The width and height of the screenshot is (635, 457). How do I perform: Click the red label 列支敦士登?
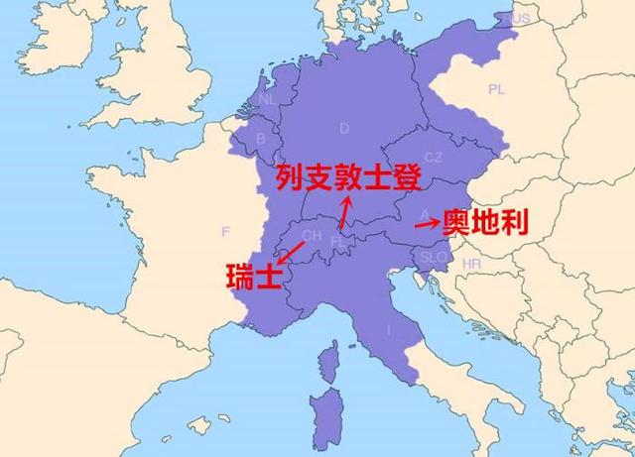click(349, 178)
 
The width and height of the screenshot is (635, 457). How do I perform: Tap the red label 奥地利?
click(485, 222)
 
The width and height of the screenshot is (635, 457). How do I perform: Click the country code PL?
click(496, 89)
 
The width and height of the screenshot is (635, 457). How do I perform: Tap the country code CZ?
click(434, 157)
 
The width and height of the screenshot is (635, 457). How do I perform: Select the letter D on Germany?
click(344, 128)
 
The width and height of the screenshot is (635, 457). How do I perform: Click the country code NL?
click(268, 100)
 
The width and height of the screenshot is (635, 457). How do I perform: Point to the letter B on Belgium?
click(261, 138)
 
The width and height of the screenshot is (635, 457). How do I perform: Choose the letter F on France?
click(225, 231)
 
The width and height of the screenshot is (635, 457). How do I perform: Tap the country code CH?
click(312, 236)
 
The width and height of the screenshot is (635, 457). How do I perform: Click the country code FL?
click(338, 240)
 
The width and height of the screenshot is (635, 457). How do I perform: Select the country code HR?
click(470, 265)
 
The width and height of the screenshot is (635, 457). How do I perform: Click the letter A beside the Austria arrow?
click(424, 212)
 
